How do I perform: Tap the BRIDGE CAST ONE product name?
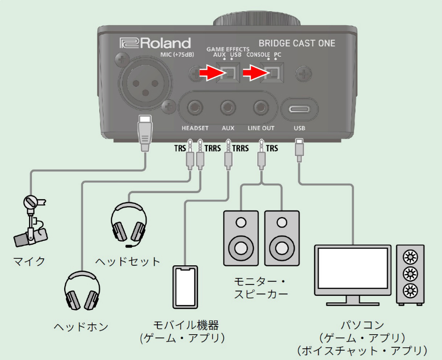[297, 43]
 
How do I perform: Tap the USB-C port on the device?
[299, 109]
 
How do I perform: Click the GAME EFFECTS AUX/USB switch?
[229, 73]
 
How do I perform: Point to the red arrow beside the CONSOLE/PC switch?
[254, 73]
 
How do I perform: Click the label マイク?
[29, 261]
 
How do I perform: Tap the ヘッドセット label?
[127, 261]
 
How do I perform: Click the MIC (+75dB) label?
[177, 55]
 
